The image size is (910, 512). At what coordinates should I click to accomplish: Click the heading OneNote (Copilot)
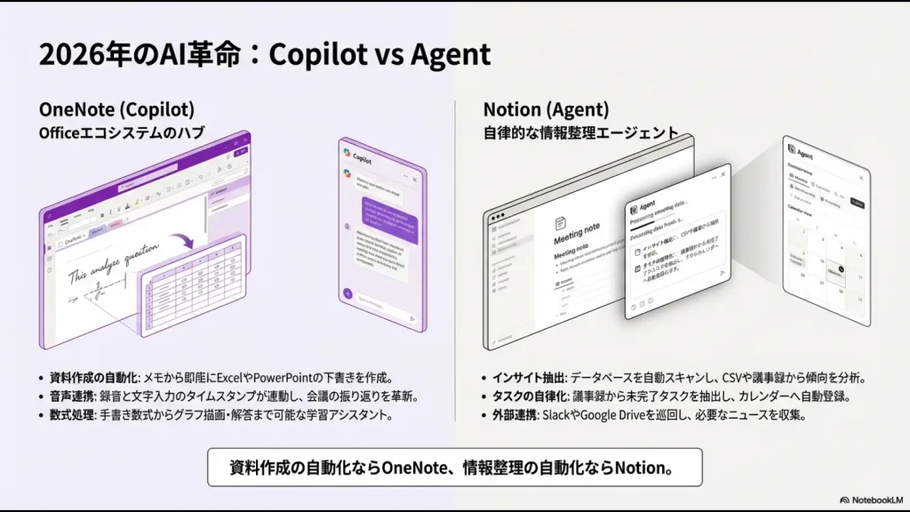tap(116, 109)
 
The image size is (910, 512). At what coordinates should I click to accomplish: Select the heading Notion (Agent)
tap(546, 109)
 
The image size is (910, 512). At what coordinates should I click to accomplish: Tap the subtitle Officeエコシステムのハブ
tap(122, 133)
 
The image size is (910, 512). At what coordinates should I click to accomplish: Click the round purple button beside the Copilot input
tap(347, 292)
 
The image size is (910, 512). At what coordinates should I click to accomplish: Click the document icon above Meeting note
tap(560, 224)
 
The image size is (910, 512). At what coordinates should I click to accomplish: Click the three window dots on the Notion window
tap(496, 216)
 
